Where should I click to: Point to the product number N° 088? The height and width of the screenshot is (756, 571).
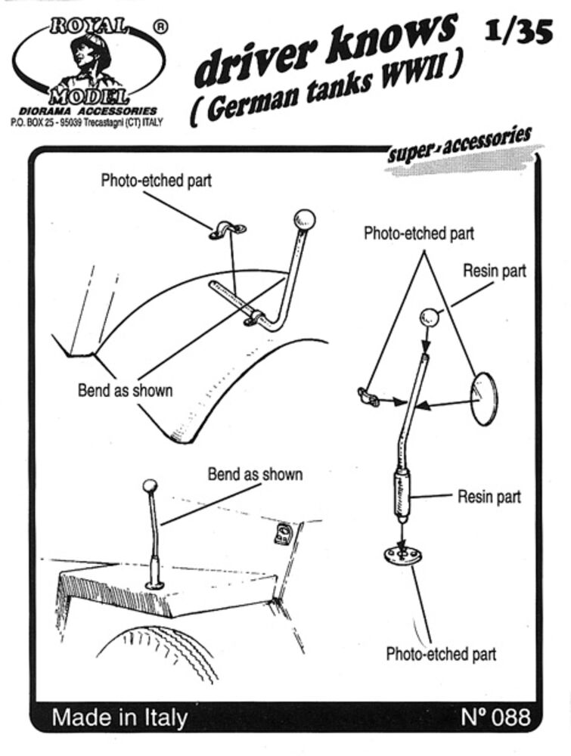pos(495,716)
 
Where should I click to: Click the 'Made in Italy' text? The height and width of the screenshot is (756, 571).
pos(119,717)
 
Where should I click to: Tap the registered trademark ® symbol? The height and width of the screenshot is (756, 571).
pos(160,26)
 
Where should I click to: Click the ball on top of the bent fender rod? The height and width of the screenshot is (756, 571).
pos(304,220)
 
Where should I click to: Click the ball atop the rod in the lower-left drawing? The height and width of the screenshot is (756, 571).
pos(150,485)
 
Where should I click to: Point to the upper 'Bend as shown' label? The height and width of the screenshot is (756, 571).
pos(125,390)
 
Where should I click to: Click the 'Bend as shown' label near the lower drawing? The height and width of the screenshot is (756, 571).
pos(255,475)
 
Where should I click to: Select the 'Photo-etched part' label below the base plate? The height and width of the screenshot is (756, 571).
pos(441,654)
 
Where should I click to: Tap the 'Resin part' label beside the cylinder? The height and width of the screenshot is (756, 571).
pos(489,497)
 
